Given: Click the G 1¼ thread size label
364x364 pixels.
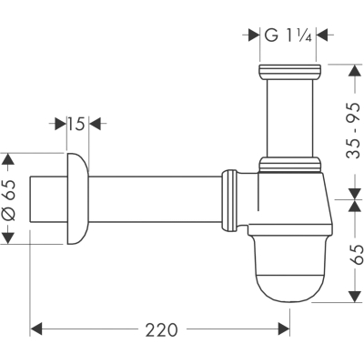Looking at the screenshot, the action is tap(288, 35).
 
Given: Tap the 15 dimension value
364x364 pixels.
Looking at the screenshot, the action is tap(76, 124).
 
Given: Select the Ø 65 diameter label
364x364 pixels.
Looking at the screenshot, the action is tap(9, 199).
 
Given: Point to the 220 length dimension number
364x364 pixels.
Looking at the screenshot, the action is tap(161, 329).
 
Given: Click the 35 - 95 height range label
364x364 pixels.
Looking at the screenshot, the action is tap(353, 131).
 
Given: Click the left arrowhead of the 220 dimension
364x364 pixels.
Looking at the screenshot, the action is tap(36, 329).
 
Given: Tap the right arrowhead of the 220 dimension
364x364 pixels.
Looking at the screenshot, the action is tap(284, 329).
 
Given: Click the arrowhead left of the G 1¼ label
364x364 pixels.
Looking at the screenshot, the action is tap(254, 35).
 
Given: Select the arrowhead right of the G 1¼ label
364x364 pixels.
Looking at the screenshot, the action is tap(322, 35).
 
